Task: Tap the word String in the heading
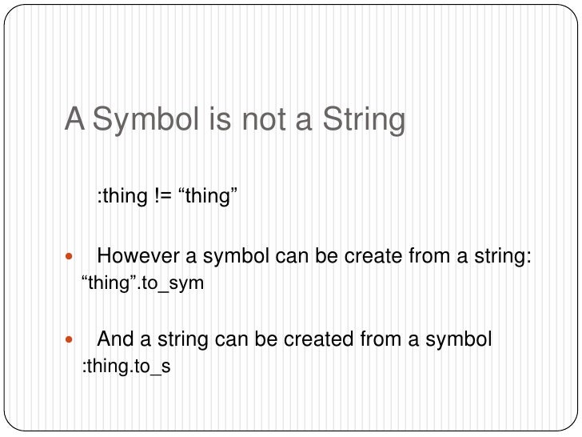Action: point(363,120)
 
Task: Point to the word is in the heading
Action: point(225,120)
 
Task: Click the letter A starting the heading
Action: point(75,120)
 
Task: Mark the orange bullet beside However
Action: point(69,258)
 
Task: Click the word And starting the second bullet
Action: point(114,340)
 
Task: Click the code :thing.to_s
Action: point(127,367)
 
